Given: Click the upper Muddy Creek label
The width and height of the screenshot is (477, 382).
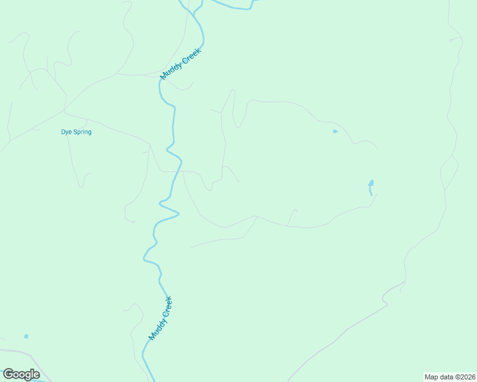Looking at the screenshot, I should pyautogui.click(x=180, y=64).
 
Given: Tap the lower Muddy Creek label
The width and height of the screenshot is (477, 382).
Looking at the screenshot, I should pyautogui.click(x=161, y=318).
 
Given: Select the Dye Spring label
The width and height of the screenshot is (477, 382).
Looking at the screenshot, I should pyautogui.click(x=76, y=132).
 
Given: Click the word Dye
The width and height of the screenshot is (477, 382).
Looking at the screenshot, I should pyautogui.click(x=66, y=132).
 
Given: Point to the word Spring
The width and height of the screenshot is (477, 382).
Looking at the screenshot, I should pyautogui.click(x=82, y=132).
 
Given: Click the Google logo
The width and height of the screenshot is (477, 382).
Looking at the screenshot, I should pyautogui.click(x=21, y=374).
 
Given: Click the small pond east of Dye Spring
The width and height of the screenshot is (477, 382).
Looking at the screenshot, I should pyautogui.click(x=335, y=131).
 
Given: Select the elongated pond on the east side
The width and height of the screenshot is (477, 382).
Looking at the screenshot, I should pyautogui.click(x=371, y=187).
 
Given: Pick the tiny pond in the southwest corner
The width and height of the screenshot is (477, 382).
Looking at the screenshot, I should pyautogui.click(x=26, y=336).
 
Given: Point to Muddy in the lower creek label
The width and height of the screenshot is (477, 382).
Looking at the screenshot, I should pyautogui.click(x=155, y=330).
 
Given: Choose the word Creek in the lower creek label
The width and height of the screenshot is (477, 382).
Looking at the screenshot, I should pyautogui.click(x=166, y=306).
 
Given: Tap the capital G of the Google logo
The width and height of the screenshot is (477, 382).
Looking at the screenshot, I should pyautogui.click(x=8, y=374).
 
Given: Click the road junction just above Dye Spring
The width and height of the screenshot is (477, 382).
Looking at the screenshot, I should pyautogui.click(x=65, y=114).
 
